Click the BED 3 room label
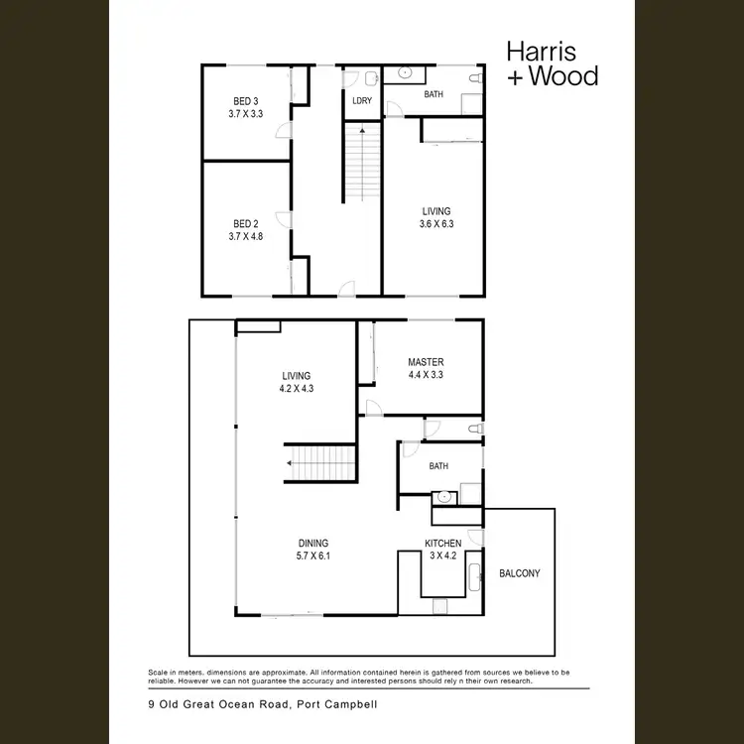point(246,101)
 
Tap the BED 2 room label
point(246,224)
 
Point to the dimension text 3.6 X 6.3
point(435,223)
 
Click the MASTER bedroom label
point(425,362)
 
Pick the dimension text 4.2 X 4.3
point(297,389)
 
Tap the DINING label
point(313,543)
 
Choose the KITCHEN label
point(442,544)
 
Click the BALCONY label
point(520,573)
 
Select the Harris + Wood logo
point(553,62)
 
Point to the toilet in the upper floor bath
point(473,77)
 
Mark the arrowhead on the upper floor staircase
point(362,129)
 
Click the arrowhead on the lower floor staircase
point(291,463)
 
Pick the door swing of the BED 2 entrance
point(284,221)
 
